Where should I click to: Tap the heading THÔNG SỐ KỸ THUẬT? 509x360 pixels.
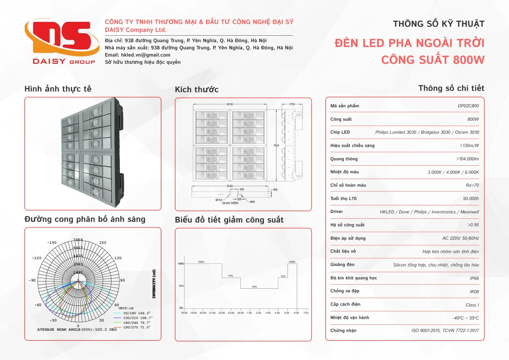click(438, 24)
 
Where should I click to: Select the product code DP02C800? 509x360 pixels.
click(468, 106)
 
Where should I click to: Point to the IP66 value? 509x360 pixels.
click(474, 278)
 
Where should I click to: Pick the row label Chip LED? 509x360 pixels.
click(340, 132)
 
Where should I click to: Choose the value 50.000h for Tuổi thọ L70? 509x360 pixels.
click(471, 199)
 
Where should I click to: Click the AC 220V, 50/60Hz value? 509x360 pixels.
click(460, 238)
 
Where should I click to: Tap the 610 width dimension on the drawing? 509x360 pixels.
click(230, 104)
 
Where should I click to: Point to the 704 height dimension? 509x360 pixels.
click(276, 146)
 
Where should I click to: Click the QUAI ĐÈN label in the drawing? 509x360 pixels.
click(230, 203)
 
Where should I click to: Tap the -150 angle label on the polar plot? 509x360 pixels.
click(52, 243)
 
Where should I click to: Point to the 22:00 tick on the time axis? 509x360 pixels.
click(221, 313)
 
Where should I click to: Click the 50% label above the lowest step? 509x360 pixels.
click(254, 287)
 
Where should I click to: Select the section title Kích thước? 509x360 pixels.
click(196, 90)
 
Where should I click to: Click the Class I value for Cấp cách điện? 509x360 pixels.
click(472, 305)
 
